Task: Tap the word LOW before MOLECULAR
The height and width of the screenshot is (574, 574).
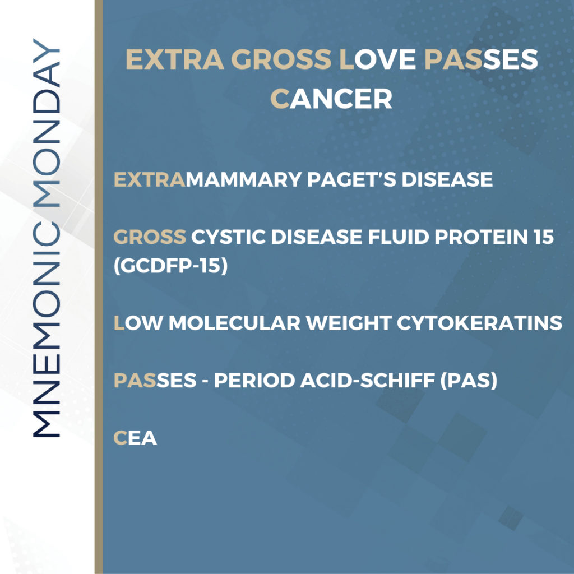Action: pos(137,323)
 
